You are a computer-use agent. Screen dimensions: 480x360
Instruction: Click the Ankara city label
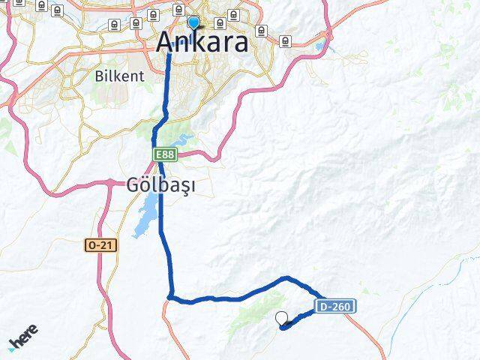(x=202, y=42)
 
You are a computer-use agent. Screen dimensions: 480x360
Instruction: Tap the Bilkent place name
(x=114, y=75)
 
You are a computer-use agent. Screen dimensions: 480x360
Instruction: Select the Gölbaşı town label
(x=158, y=185)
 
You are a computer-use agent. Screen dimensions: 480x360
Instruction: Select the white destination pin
(x=283, y=319)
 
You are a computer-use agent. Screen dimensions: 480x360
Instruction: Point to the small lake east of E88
(x=182, y=141)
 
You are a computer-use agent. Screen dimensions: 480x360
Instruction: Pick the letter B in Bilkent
(x=99, y=75)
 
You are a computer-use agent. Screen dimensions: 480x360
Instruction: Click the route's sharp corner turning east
(x=172, y=297)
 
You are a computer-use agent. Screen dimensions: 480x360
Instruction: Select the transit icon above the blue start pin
(x=178, y=10)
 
